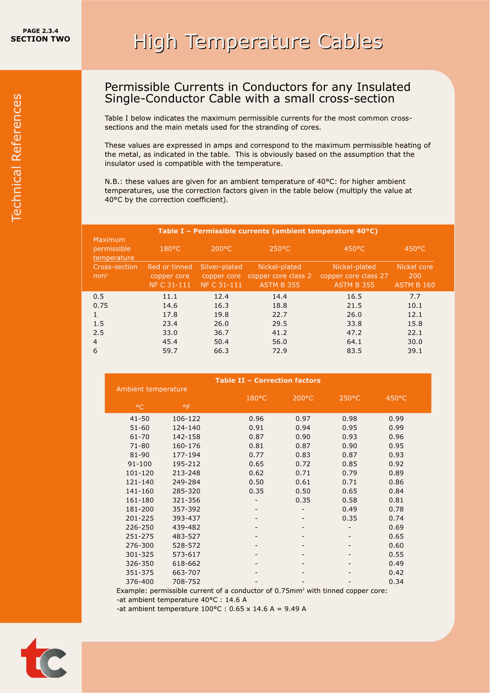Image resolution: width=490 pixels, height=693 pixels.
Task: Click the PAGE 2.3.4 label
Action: tap(40, 31)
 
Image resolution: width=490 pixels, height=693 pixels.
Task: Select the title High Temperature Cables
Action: tap(258, 42)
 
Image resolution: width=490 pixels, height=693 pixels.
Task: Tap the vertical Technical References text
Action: tap(16, 158)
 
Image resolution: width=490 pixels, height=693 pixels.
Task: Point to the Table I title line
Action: tap(267, 231)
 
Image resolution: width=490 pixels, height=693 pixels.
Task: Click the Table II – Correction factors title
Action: tap(268, 381)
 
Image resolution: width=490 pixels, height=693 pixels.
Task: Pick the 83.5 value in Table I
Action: tap(354, 351)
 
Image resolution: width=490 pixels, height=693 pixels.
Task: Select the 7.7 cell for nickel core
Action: tap(415, 297)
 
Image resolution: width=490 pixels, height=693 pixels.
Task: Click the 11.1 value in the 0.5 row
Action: tap(170, 297)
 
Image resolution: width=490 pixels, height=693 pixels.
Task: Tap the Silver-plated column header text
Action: tap(221, 267)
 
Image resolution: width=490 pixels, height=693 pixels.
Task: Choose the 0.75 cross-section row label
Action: tap(100, 306)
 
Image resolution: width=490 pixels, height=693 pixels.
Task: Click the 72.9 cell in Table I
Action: tap(279, 351)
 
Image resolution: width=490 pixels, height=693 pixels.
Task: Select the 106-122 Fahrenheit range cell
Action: tap(186, 419)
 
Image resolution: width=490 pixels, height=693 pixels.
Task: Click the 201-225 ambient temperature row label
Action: tap(140, 519)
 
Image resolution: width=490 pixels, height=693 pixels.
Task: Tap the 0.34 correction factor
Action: tap(396, 582)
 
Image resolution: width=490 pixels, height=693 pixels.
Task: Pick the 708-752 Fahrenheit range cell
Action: tap(186, 582)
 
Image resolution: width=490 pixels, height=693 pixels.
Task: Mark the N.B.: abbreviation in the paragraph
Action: tap(114, 182)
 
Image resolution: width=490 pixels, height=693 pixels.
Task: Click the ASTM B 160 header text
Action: tap(415, 285)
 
